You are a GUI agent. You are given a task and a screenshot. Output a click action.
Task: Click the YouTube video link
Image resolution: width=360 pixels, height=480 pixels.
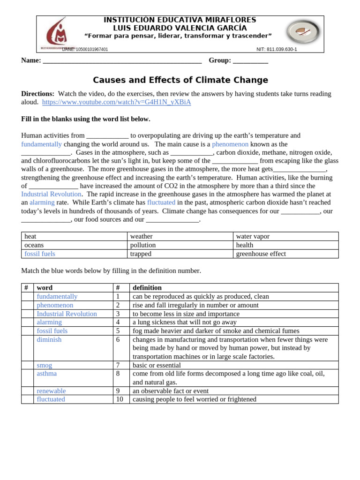(116, 102)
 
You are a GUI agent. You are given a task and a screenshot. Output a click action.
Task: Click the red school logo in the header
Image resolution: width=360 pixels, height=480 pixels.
(56, 32)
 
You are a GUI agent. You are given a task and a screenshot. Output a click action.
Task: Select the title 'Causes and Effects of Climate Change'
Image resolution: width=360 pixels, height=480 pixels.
(180, 80)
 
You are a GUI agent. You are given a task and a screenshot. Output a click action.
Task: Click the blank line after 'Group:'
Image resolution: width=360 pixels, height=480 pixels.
(250, 60)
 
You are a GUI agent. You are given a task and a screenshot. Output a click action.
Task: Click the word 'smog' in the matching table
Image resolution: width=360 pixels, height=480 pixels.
(45, 365)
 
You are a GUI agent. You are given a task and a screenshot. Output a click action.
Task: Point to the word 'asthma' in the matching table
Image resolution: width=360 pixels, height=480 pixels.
(46, 374)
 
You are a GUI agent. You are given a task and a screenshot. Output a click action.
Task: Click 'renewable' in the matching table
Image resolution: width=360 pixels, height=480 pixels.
(51, 391)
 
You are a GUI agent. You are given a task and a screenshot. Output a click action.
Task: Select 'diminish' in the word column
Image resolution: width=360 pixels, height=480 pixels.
(49, 339)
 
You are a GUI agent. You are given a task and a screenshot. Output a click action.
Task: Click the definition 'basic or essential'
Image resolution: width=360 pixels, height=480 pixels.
(157, 365)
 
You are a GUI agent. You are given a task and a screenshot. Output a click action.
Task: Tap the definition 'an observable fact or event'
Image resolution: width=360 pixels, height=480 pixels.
(171, 391)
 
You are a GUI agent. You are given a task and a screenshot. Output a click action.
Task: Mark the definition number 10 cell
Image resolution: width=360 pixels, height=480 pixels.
(120, 399)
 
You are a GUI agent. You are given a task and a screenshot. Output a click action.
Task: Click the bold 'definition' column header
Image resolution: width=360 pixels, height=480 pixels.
(147, 288)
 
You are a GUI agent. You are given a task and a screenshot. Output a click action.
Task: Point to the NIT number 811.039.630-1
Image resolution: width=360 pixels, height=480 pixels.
(277, 49)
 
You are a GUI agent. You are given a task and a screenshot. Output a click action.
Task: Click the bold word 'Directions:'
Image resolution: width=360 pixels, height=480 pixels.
(37, 94)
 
